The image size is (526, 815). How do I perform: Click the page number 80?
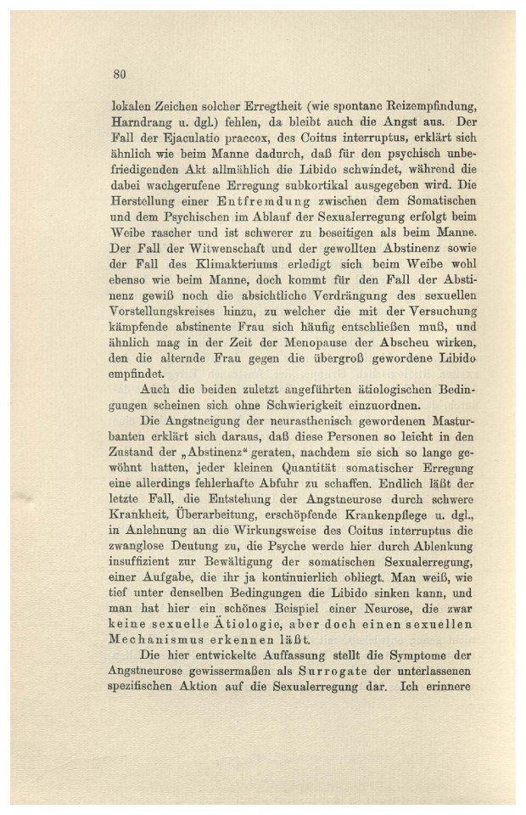(120, 74)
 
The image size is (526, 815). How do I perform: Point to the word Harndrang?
(142, 125)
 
